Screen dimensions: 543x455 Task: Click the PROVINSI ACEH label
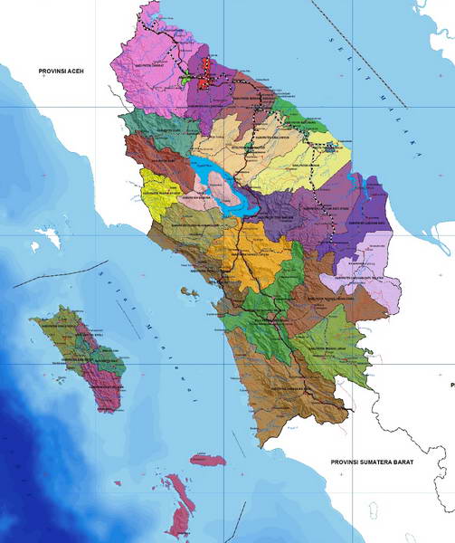55,70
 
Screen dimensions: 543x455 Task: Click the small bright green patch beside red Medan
186,78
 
